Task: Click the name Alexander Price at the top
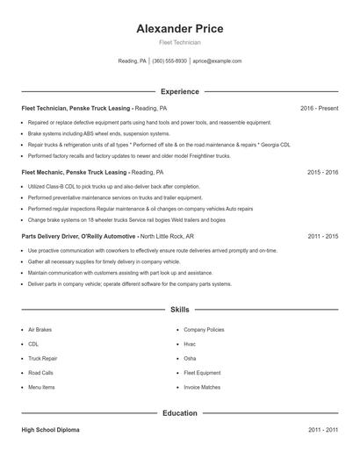[x=179, y=29]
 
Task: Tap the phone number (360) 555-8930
[x=169, y=61]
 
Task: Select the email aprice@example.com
[x=217, y=61]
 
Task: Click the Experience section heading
[x=179, y=91]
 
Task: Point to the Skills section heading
[x=179, y=310]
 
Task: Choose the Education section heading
[x=179, y=413]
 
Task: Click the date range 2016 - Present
[x=319, y=108]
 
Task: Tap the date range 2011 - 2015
[x=322, y=236]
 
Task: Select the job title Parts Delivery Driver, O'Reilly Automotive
[x=78, y=236]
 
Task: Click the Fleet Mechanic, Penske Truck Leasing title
[x=75, y=172]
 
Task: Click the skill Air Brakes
[x=41, y=330]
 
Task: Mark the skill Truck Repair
[x=43, y=359]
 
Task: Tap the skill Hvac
[x=190, y=344]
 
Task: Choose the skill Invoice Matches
[x=202, y=387]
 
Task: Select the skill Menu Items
[x=41, y=387]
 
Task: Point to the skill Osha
[x=190, y=359]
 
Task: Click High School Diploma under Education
[x=52, y=430]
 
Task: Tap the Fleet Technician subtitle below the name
[x=179, y=42]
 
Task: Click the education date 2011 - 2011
[x=322, y=430]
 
